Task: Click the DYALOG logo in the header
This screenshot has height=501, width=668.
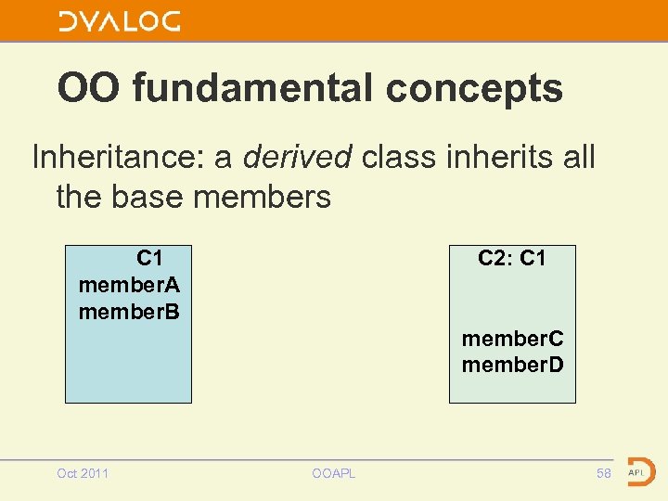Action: click(120, 21)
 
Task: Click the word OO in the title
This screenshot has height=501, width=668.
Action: click(90, 89)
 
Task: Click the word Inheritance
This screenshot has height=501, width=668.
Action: click(118, 157)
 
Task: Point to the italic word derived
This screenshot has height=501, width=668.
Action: click(297, 157)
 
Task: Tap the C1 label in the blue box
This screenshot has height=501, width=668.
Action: click(150, 258)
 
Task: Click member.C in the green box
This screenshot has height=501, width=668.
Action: click(512, 339)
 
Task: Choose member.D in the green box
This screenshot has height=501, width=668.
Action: click(512, 365)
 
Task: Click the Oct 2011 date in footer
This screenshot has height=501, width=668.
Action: click(83, 474)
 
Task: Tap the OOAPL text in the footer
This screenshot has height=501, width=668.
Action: click(334, 474)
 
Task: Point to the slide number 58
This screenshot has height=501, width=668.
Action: click(604, 474)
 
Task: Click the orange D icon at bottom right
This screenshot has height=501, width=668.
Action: click(639, 472)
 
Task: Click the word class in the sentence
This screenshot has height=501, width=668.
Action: click(397, 157)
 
